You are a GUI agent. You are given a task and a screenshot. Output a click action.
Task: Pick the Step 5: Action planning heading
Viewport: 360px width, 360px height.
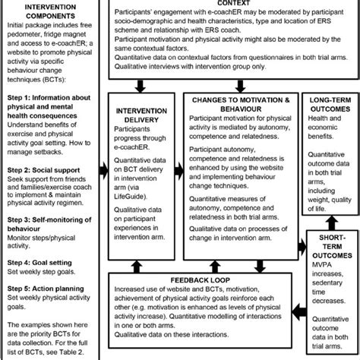[x=42, y=284]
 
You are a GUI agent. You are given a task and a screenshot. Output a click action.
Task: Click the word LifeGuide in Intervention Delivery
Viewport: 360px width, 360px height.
[x=131, y=194]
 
